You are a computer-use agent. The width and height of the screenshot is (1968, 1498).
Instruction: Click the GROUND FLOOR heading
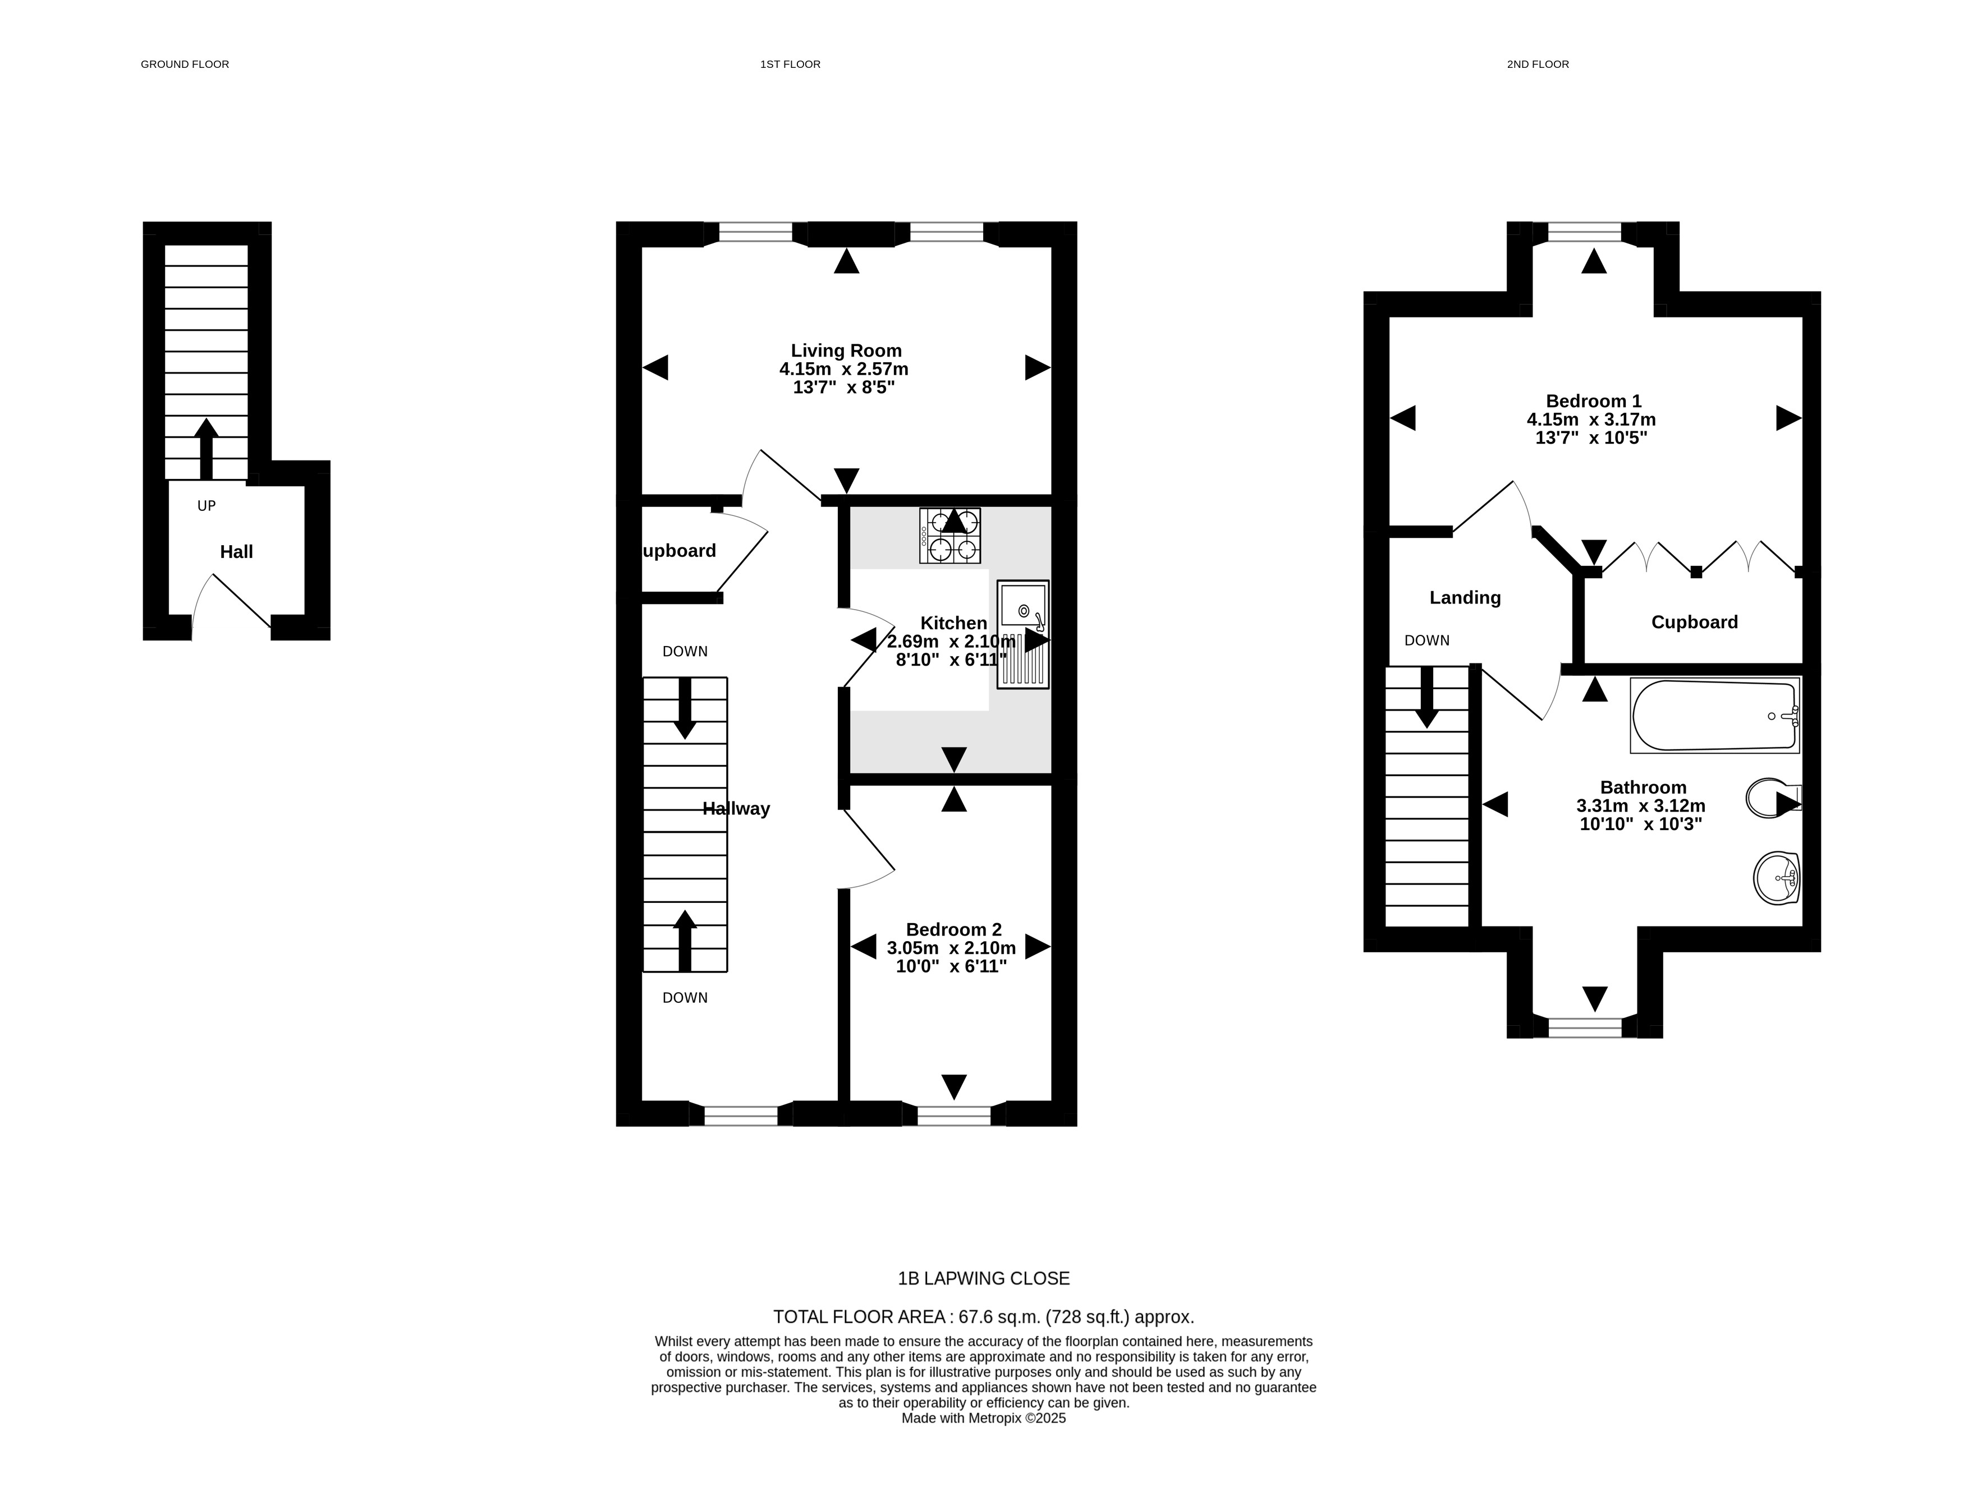tap(185, 64)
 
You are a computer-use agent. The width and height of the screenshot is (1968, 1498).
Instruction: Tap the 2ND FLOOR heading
tap(1538, 64)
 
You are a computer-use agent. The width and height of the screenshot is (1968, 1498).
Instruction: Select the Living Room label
tap(846, 351)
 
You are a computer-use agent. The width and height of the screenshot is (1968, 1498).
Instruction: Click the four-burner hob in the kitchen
tap(950, 536)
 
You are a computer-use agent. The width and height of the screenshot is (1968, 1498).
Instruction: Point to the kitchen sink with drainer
tap(1022, 634)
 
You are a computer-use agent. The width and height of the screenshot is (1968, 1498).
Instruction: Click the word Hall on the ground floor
tap(236, 552)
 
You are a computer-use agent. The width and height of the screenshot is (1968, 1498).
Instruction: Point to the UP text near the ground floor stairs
tap(206, 505)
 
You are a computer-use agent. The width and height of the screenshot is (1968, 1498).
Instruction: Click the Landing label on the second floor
tap(1465, 597)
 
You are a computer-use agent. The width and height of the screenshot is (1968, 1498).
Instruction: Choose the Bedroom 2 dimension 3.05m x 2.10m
tap(951, 948)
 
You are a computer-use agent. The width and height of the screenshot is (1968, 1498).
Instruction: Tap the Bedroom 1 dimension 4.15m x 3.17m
tap(1591, 419)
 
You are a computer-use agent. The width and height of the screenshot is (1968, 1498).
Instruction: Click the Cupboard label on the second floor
tap(1694, 623)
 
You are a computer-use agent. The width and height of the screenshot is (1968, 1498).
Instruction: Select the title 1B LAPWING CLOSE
tap(983, 1279)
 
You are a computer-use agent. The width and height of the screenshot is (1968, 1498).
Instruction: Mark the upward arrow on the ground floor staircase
tap(206, 449)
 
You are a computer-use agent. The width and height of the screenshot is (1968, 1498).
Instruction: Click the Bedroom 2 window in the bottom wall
tap(953, 1114)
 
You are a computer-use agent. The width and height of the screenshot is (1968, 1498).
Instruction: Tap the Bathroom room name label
tap(1643, 787)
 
